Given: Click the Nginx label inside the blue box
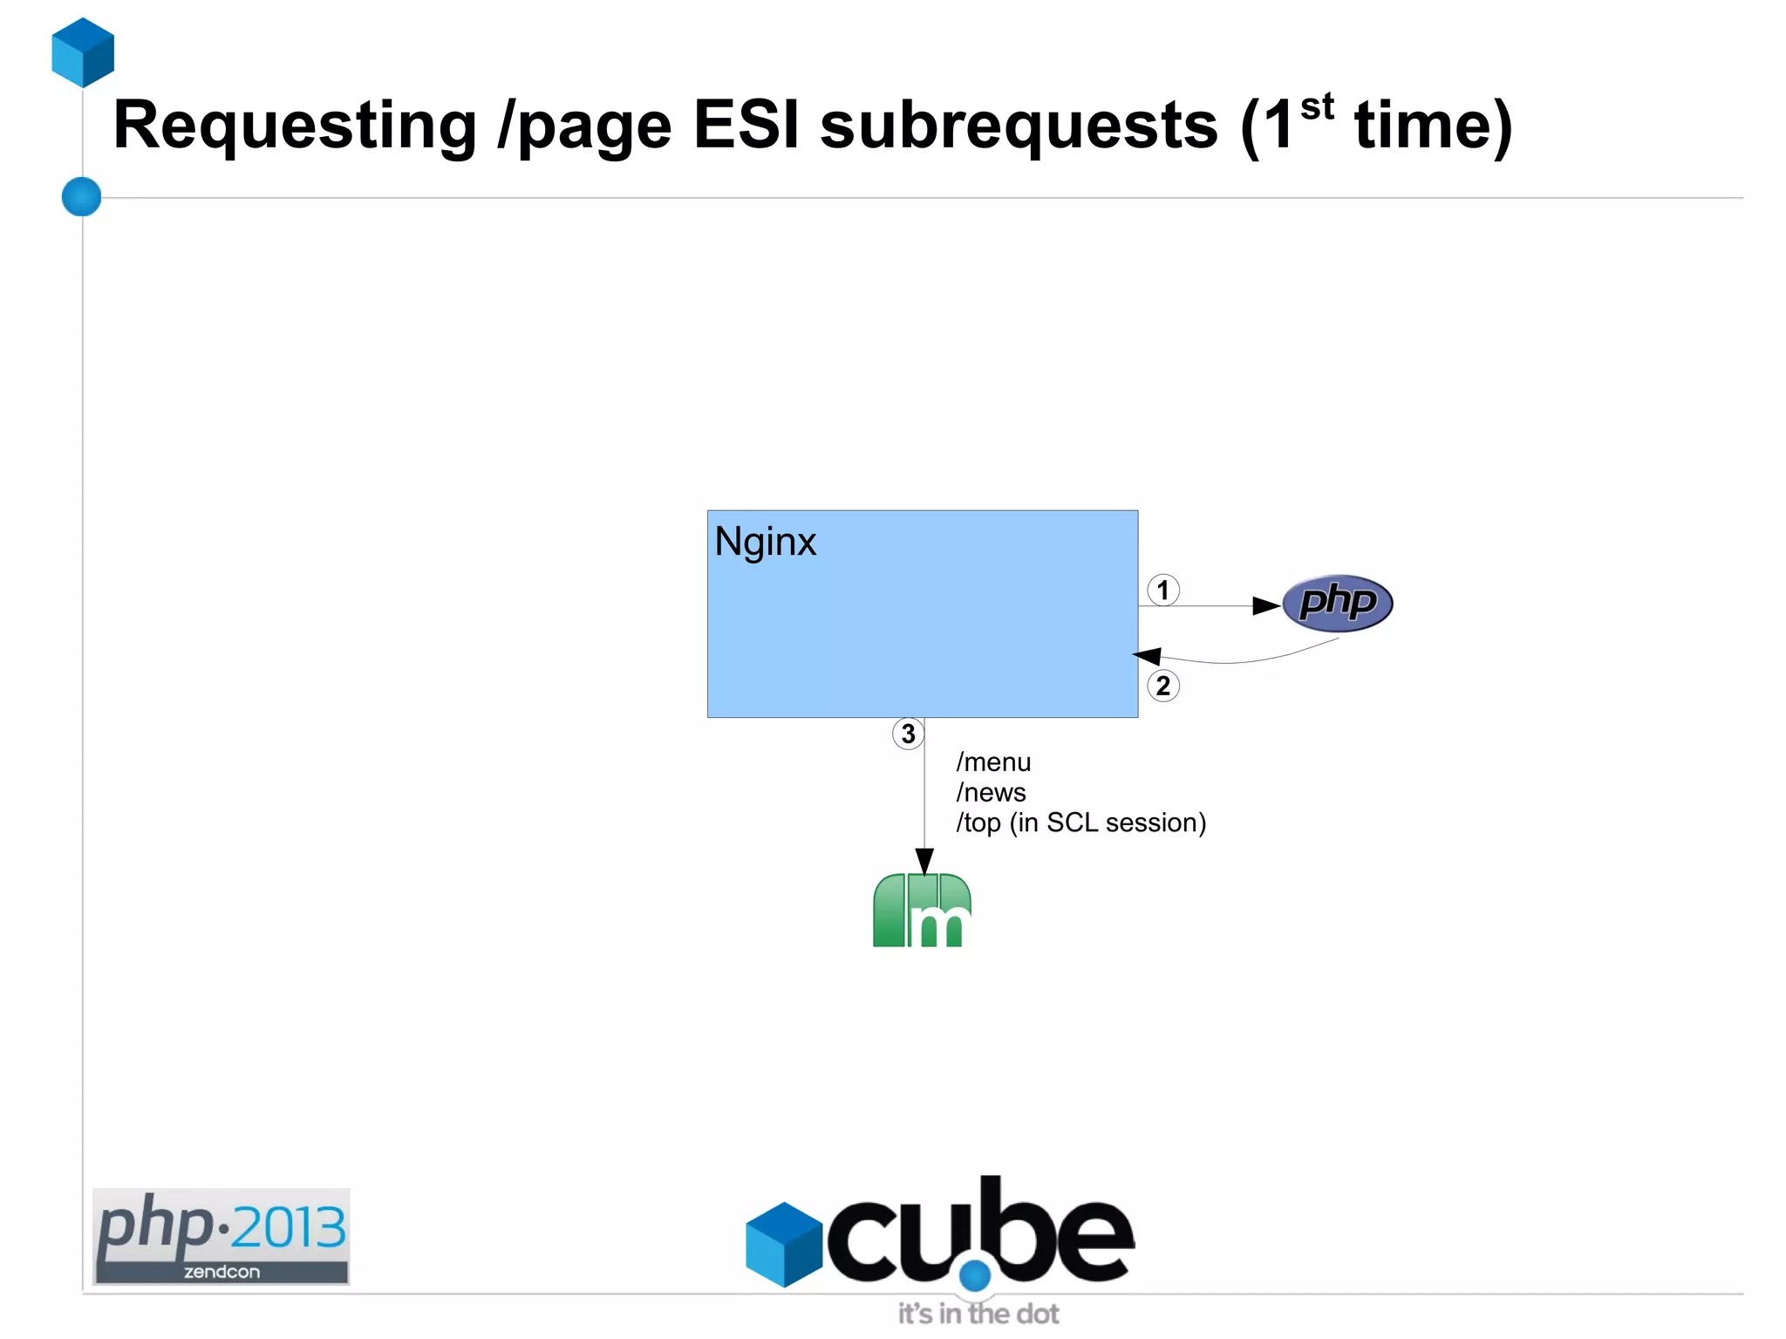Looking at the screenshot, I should pyautogui.click(x=765, y=543).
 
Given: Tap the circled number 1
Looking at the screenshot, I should pyautogui.click(x=1162, y=591).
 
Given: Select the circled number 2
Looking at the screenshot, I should pyautogui.click(x=1162, y=686).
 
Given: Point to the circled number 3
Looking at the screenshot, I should pyautogui.click(x=908, y=734).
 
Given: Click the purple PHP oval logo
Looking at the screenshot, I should pyautogui.click(x=1337, y=603).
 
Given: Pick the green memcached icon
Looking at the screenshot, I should pyautogui.click(x=922, y=910).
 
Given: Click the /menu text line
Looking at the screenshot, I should pyautogui.click(x=993, y=762).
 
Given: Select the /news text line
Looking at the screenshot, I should pyautogui.click(x=991, y=793).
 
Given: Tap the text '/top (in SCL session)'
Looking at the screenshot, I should pyautogui.click(x=1080, y=823).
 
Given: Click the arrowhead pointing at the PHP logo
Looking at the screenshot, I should pyautogui.click(x=1266, y=605).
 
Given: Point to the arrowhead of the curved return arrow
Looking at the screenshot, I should pyautogui.click(x=1147, y=656).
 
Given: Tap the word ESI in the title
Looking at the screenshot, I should pyautogui.click(x=746, y=125).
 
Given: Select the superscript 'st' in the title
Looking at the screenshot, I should pyautogui.click(x=1317, y=107).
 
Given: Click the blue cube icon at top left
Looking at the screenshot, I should pyautogui.click(x=83, y=52).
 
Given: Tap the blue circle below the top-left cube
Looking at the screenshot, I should pyautogui.click(x=82, y=196).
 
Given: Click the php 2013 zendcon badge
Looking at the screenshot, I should pyautogui.click(x=222, y=1236).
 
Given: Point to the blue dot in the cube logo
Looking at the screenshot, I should pyautogui.click(x=975, y=1275).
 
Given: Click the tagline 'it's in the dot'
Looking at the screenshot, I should pyautogui.click(x=978, y=1314).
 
